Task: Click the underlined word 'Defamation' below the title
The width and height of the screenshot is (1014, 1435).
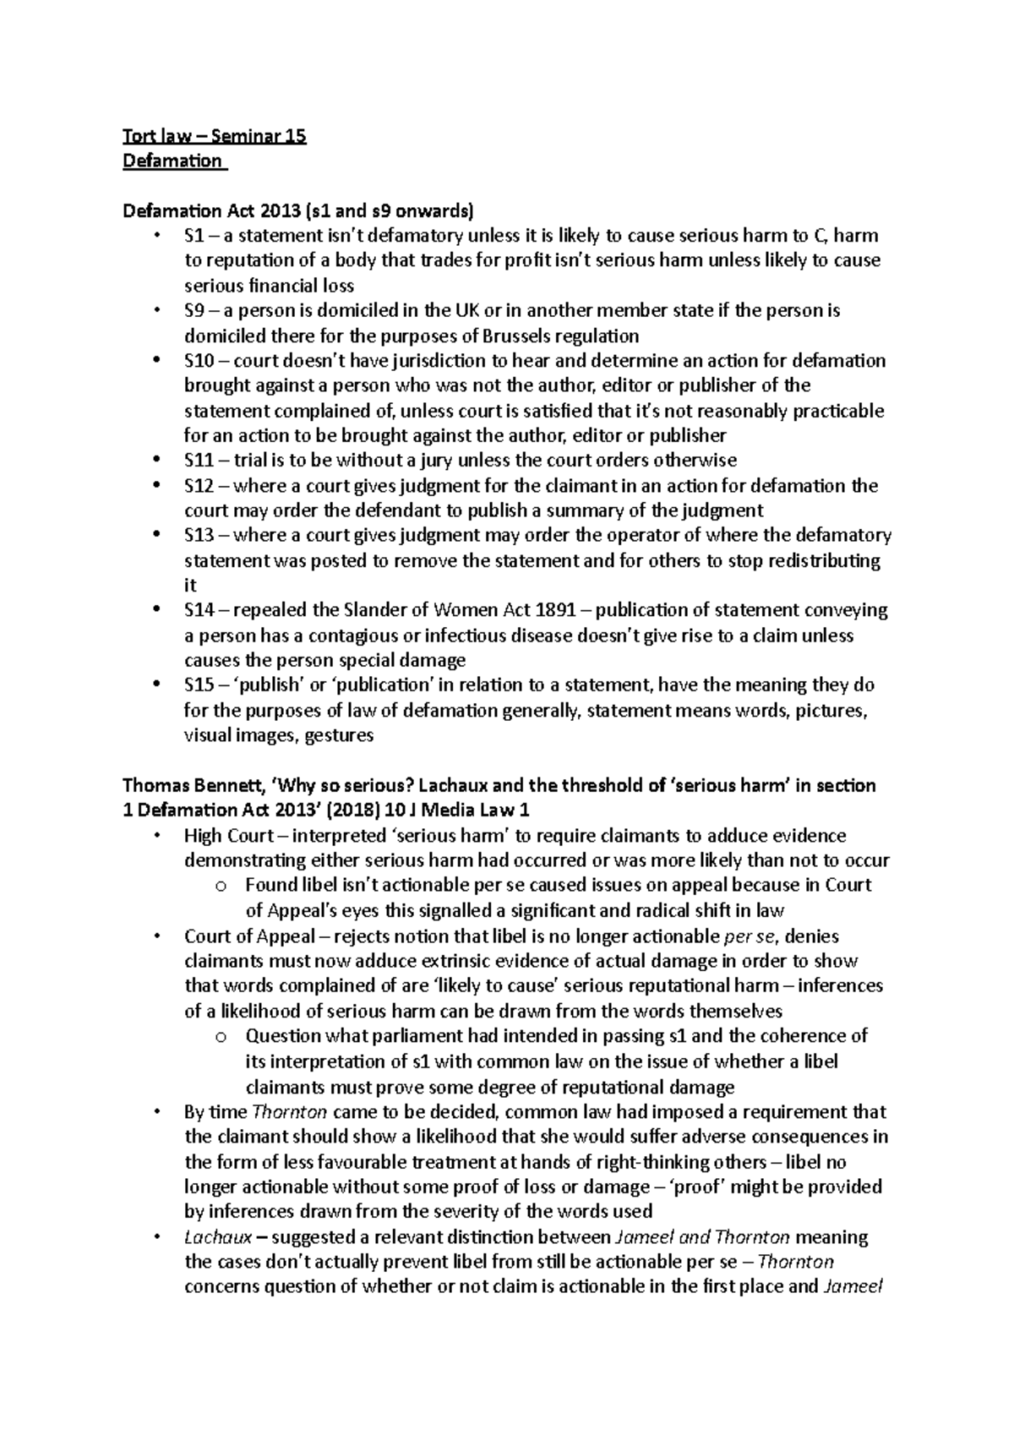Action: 172,161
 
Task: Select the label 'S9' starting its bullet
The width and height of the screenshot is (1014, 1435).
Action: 194,311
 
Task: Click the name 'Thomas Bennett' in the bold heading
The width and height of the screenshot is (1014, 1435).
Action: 191,786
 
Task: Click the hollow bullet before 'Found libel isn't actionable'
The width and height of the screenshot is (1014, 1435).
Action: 221,887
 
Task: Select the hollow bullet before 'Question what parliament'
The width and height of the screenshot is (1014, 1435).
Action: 221,1037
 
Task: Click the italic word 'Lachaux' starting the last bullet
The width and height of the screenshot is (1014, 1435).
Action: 212,1237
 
